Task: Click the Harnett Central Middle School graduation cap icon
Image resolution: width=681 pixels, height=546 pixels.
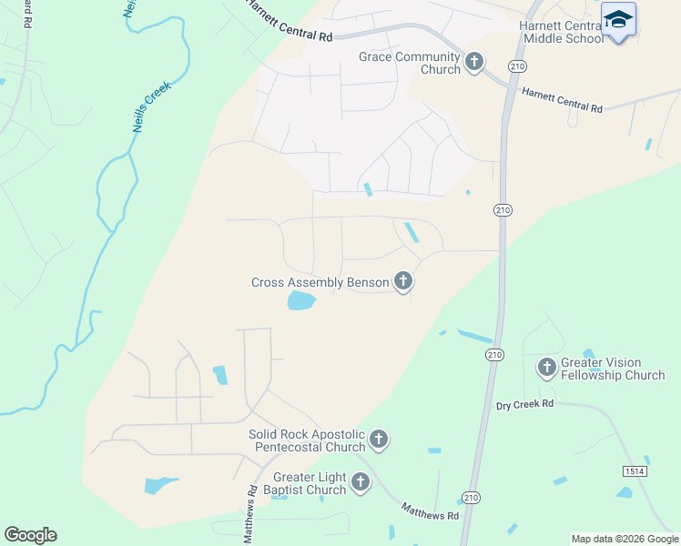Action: [618, 19]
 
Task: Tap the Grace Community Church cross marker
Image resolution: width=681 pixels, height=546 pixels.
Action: [473, 62]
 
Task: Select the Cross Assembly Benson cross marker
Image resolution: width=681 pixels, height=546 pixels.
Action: [403, 281]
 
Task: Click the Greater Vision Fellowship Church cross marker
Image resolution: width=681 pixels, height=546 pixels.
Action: [546, 367]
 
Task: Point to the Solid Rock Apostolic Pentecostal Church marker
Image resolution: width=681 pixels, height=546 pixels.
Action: [379, 440]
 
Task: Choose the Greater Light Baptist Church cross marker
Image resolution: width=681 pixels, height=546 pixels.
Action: [361, 482]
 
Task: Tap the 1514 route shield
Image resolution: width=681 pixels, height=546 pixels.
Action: [635, 470]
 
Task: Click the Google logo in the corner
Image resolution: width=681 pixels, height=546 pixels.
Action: [30, 535]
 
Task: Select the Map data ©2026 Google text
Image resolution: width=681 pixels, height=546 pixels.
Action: [625, 539]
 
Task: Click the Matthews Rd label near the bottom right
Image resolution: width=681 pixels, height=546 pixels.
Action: [430, 515]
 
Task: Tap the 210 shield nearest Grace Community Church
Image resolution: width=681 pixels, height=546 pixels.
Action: [517, 66]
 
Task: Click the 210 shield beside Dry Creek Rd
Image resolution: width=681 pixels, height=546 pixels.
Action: [494, 354]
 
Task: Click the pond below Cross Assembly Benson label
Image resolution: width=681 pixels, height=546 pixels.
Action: [301, 301]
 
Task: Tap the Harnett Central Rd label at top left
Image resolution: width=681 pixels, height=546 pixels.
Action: [289, 20]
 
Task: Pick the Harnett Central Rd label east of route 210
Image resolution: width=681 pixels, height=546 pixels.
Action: [562, 100]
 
